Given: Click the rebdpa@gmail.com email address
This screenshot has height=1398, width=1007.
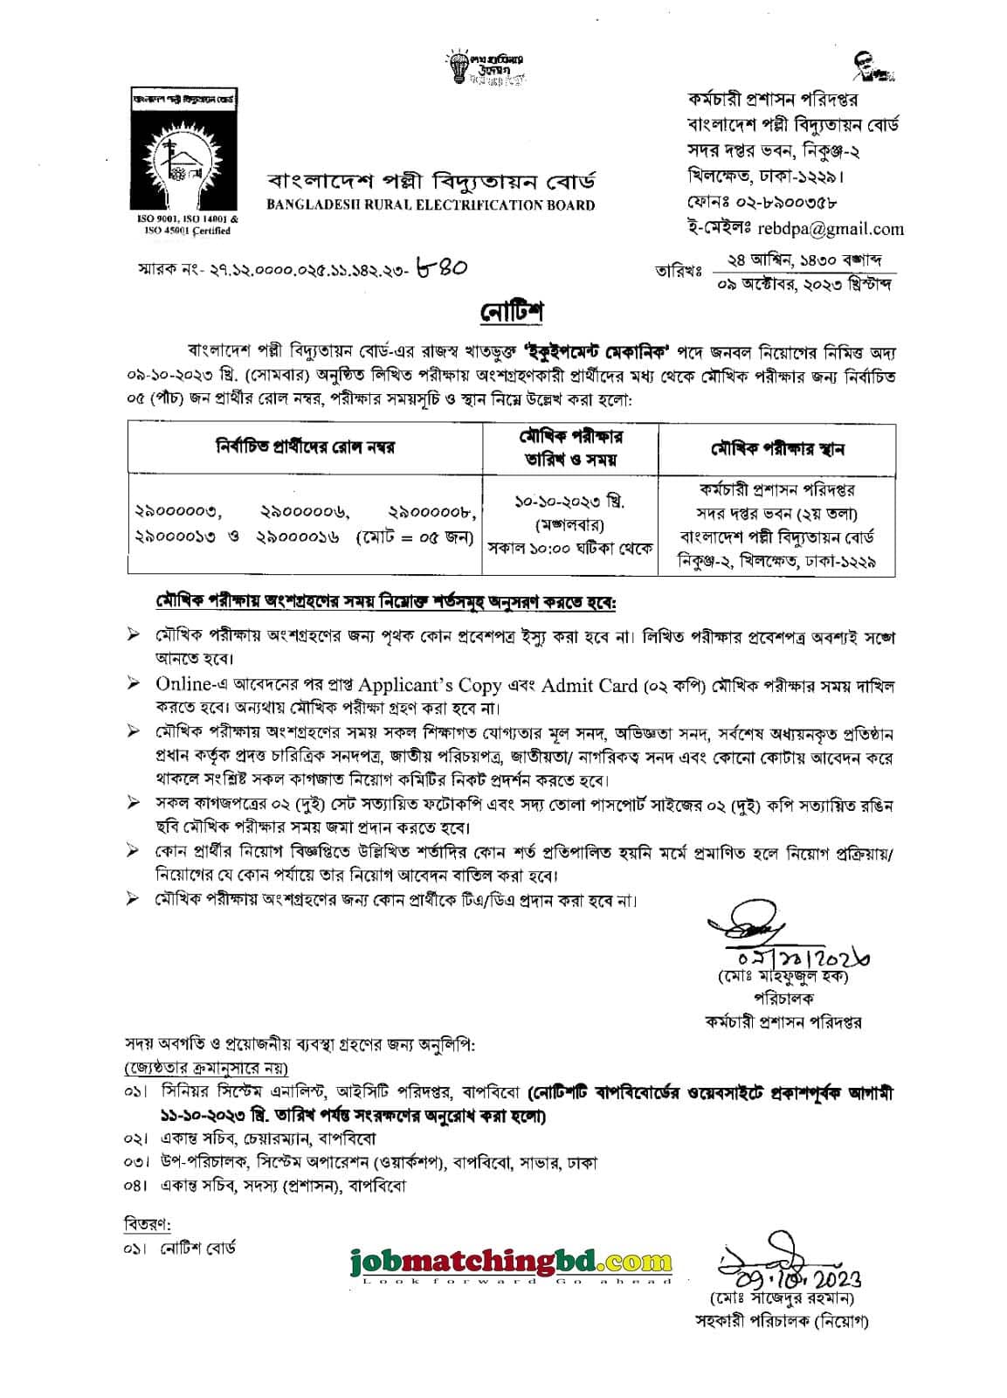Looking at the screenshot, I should coord(841,229).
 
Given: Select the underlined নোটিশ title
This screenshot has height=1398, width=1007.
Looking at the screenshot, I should coord(511,310).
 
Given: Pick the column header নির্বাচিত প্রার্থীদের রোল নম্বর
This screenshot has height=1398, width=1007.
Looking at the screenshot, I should coord(306,447).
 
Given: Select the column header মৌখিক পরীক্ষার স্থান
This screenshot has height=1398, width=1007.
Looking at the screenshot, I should coord(776,448).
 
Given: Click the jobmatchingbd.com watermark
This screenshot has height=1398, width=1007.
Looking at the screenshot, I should coord(511,1261).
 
